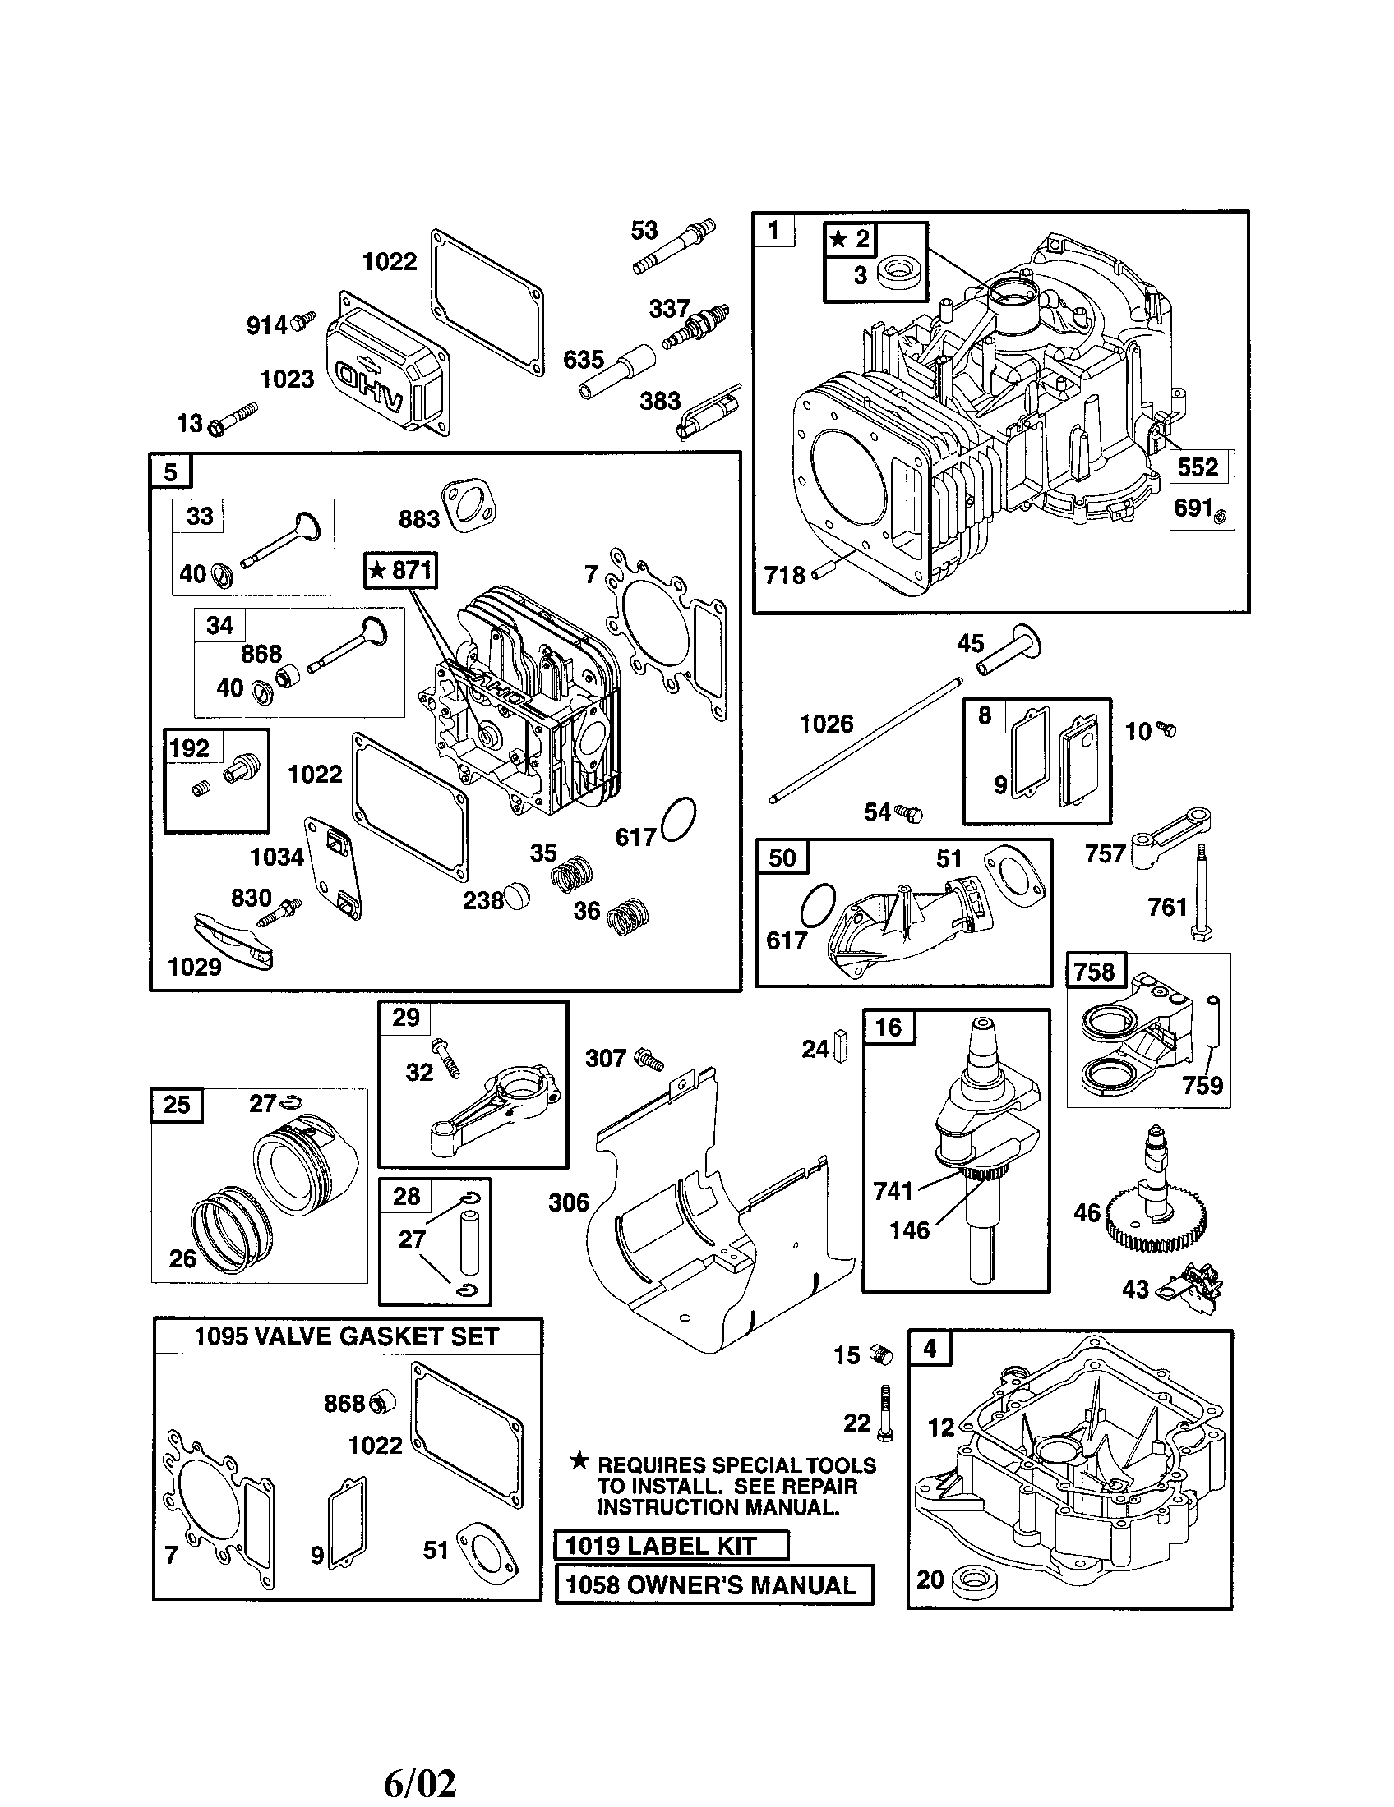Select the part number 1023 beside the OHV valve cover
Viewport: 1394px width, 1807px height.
click(x=287, y=379)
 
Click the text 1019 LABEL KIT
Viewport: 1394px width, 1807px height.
click(x=661, y=1546)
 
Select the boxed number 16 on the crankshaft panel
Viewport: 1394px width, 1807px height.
click(x=889, y=1028)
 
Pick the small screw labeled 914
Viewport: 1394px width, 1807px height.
click(x=304, y=321)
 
